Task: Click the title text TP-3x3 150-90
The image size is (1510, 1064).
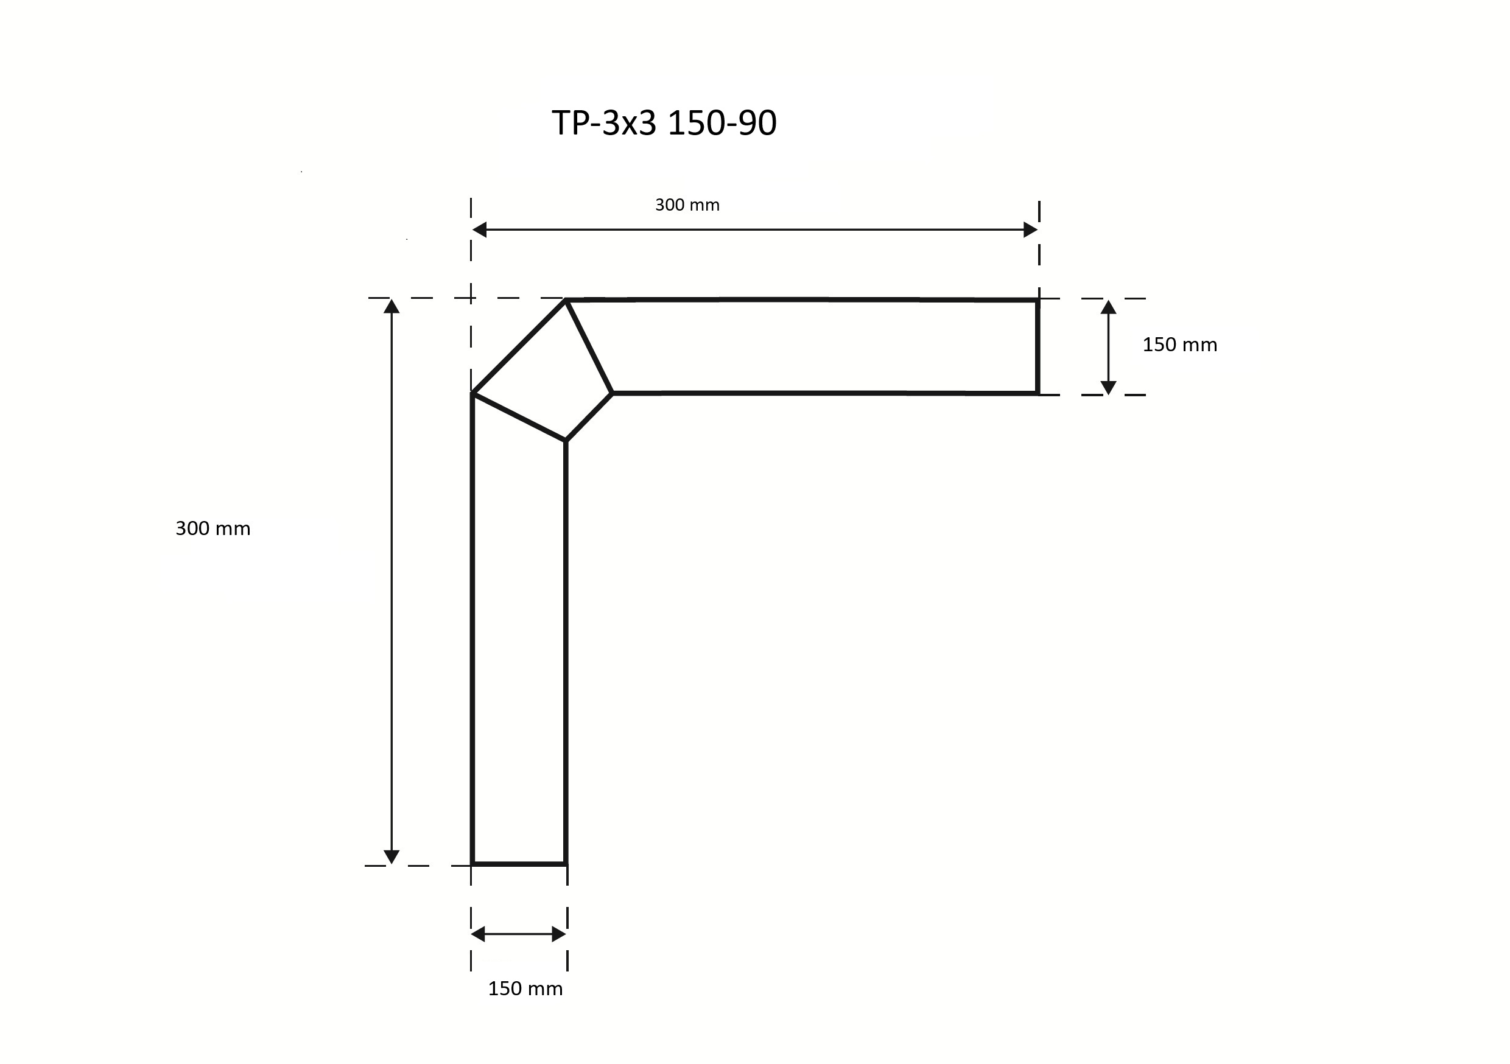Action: (x=664, y=123)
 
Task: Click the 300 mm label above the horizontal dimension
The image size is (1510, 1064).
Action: (x=687, y=205)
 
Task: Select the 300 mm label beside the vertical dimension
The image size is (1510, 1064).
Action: (x=212, y=529)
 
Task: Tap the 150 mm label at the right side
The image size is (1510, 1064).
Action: (x=1179, y=345)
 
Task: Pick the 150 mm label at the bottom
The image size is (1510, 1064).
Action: (x=525, y=989)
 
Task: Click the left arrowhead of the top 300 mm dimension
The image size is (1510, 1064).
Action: (x=479, y=229)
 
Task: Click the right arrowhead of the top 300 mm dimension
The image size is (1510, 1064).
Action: (x=1031, y=229)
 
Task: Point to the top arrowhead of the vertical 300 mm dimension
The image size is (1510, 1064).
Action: (x=392, y=306)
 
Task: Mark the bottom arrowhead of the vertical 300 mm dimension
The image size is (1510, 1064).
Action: (x=392, y=857)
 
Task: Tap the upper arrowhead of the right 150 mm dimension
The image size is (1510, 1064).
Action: (x=1108, y=307)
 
